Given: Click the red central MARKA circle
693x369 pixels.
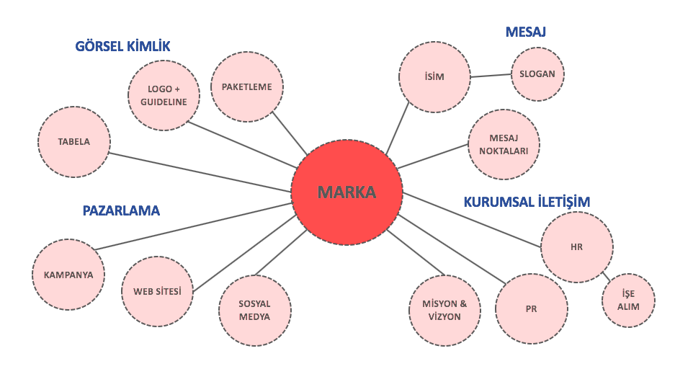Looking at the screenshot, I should click(x=346, y=193).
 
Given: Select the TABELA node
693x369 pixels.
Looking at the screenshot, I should click(x=74, y=142).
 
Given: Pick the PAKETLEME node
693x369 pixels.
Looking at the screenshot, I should click(x=246, y=86).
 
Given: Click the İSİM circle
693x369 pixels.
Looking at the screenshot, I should click(x=434, y=76).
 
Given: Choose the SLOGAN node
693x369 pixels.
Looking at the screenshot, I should click(x=537, y=74).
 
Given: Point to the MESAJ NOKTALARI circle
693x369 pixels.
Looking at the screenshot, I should click(x=504, y=145).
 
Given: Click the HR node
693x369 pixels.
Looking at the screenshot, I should click(x=576, y=247).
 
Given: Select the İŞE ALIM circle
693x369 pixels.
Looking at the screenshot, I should click(x=628, y=301).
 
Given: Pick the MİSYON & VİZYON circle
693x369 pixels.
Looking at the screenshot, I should click(x=444, y=310).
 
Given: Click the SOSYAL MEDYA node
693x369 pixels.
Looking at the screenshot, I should click(x=254, y=311).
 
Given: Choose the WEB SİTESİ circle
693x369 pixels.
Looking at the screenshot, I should click(x=157, y=292).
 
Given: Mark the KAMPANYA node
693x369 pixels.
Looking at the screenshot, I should click(x=68, y=275).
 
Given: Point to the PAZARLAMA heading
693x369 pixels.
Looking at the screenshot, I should click(x=121, y=211).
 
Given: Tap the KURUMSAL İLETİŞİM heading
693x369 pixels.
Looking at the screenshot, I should click(x=527, y=203).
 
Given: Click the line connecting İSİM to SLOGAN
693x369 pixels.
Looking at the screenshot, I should click(x=490, y=76).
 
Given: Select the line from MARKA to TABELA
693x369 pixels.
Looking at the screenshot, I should click(x=202, y=172).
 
